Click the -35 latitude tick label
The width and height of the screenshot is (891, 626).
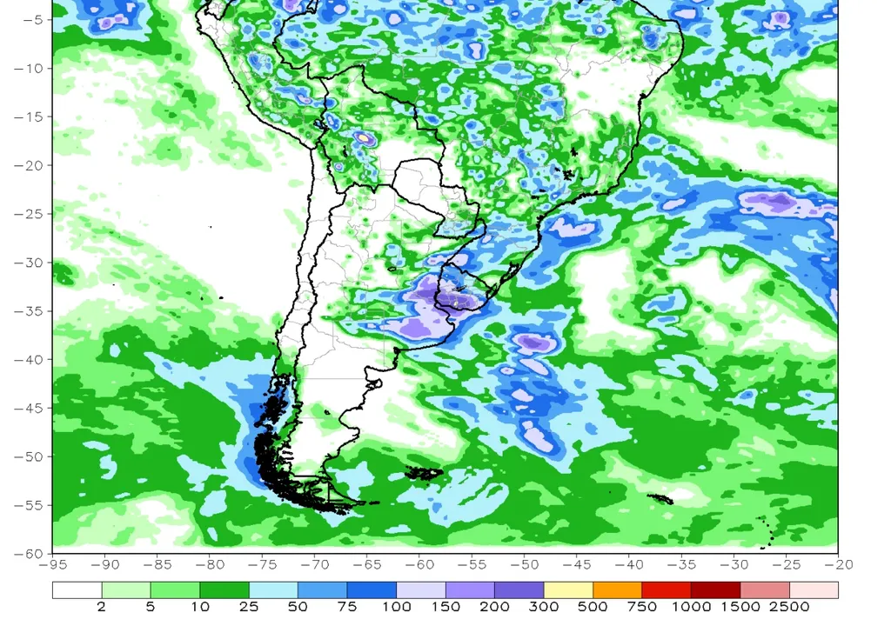tap(27, 311)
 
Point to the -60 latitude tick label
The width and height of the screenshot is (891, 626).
tap(27, 553)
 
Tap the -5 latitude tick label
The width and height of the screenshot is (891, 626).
tap(30, 20)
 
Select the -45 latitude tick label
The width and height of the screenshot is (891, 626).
tap(27, 408)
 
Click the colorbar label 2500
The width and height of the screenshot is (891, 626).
tap(789, 607)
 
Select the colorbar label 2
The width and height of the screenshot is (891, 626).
tap(102, 607)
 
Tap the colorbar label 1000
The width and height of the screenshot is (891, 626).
tap(691, 607)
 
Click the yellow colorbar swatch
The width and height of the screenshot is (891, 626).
tap(568, 590)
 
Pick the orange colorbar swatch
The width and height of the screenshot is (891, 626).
tap(617, 590)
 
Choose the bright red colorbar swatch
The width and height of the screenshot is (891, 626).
tap(667, 590)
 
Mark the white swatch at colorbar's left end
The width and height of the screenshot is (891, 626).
tap(77, 590)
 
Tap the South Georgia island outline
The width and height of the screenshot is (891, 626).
tap(661, 498)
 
